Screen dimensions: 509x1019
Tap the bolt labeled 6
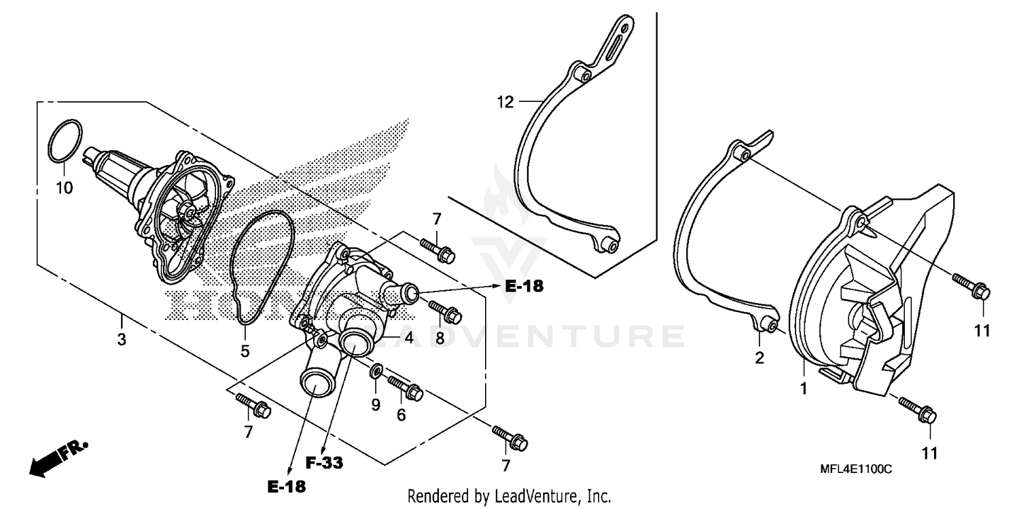click(407, 388)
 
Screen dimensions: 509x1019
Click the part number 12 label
click(505, 103)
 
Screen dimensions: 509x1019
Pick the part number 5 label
click(245, 351)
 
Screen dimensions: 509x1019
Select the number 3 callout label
click(122, 340)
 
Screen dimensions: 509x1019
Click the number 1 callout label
click(803, 389)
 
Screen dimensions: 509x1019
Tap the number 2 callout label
click(759, 357)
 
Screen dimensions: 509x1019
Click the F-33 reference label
click(323, 463)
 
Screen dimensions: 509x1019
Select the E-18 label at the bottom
click(285, 487)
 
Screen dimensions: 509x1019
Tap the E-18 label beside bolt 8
click(524, 286)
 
